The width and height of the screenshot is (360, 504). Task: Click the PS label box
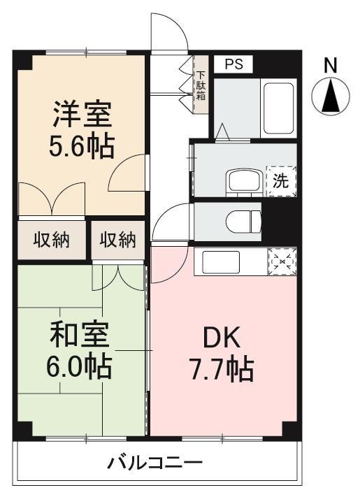click(233, 64)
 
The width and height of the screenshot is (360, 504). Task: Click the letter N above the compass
click(331, 66)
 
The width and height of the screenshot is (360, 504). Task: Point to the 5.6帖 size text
click(82, 146)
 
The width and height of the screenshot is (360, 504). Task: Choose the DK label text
click(222, 338)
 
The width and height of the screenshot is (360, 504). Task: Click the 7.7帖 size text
click(220, 368)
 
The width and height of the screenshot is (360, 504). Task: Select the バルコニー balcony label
click(155, 463)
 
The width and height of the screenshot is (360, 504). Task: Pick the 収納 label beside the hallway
click(117, 241)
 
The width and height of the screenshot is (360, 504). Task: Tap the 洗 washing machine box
click(280, 181)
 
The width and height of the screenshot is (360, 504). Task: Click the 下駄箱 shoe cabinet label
click(201, 86)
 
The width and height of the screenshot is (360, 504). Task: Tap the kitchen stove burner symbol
click(282, 262)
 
